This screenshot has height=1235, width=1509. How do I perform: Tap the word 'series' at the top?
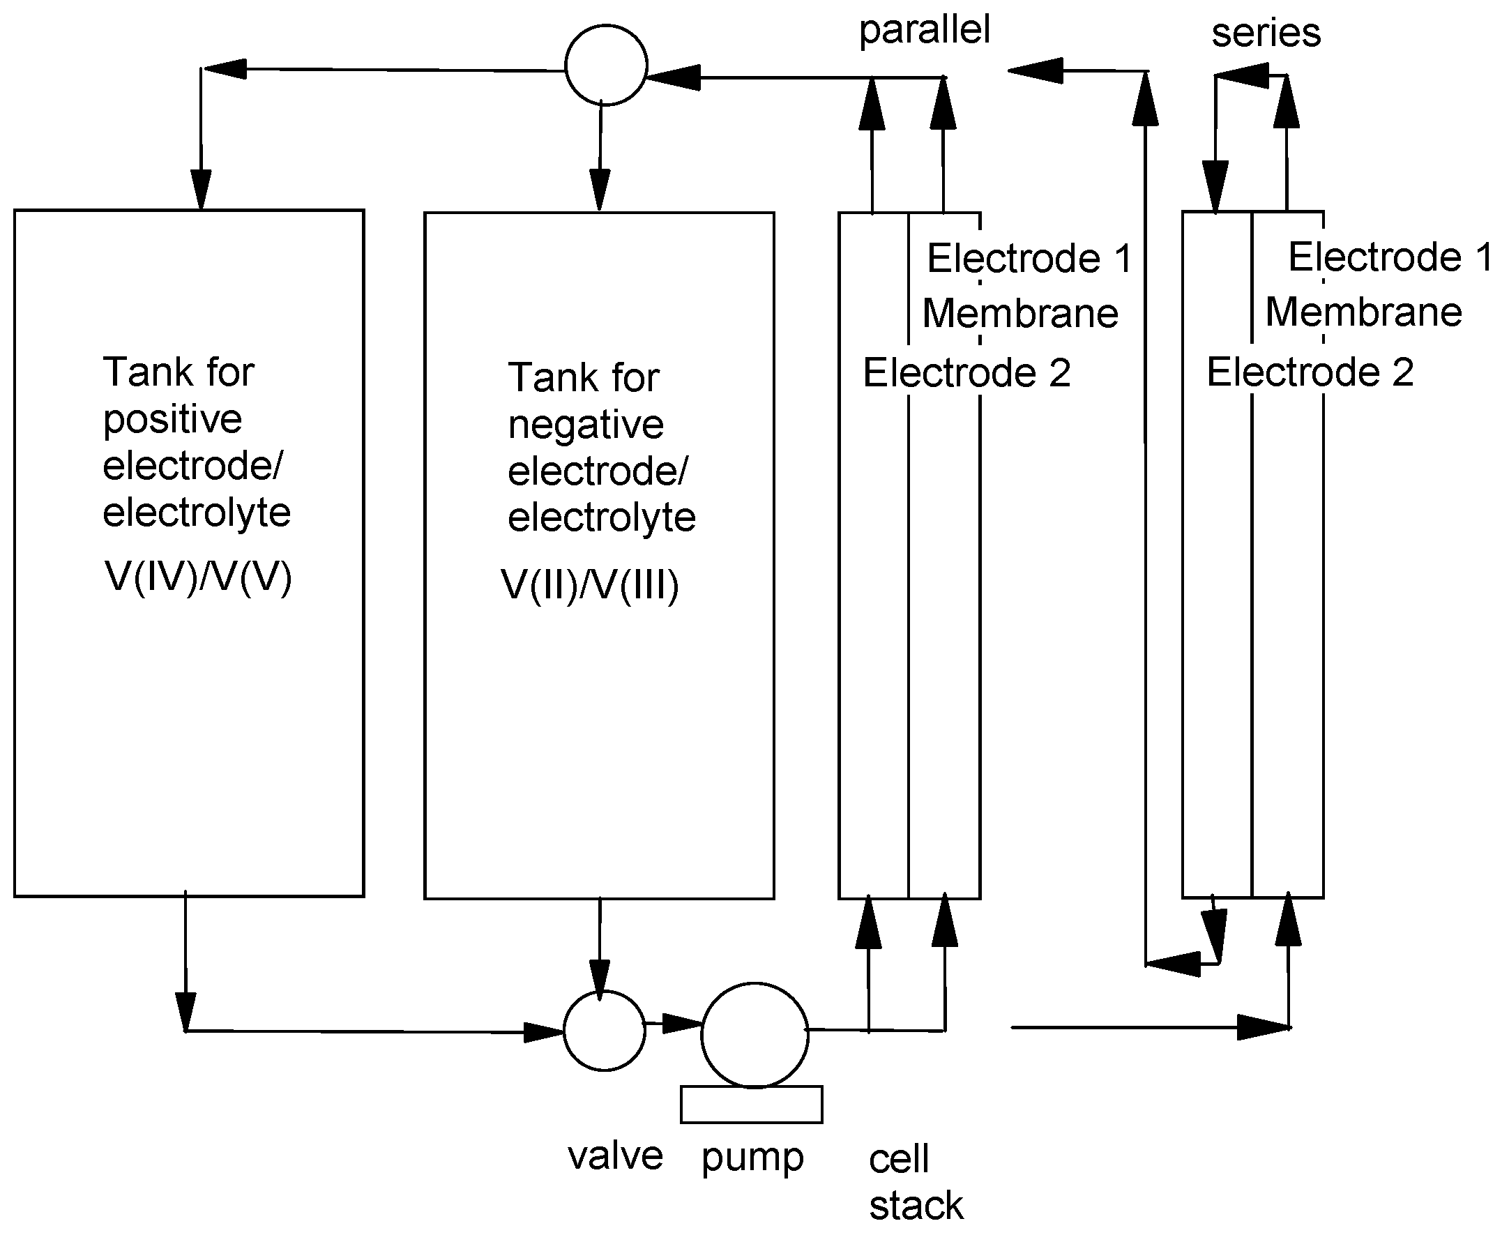click(x=1266, y=33)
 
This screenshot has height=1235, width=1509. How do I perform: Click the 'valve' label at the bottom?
click(x=616, y=1156)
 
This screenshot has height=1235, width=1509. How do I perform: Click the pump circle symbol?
click(x=755, y=1035)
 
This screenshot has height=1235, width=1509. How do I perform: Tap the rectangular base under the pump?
click(x=751, y=1104)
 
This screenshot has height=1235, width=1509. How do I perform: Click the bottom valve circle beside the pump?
click(x=605, y=1030)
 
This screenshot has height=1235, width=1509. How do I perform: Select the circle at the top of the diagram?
click(x=606, y=66)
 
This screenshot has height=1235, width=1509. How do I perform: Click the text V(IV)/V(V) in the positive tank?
click(x=199, y=577)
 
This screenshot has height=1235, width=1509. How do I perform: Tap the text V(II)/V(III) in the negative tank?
click(x=591, y=586)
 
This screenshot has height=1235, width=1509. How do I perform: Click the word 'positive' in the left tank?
click(x=173, y=420)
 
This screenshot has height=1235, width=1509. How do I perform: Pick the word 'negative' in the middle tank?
click(x=586, y=425)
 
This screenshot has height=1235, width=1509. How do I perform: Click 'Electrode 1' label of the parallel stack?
click(x=1029, y=257)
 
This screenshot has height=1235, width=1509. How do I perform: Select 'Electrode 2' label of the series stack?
click(x=1310, y=372)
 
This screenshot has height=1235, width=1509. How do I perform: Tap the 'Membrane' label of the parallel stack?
click(x=1020, y=314)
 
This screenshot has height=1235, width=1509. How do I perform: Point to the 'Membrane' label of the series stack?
click(x=1364, y=312)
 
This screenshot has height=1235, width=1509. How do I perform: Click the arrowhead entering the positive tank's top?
click(x=202, y=190)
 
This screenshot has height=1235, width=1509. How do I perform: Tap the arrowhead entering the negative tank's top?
click(x=600, y=190)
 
